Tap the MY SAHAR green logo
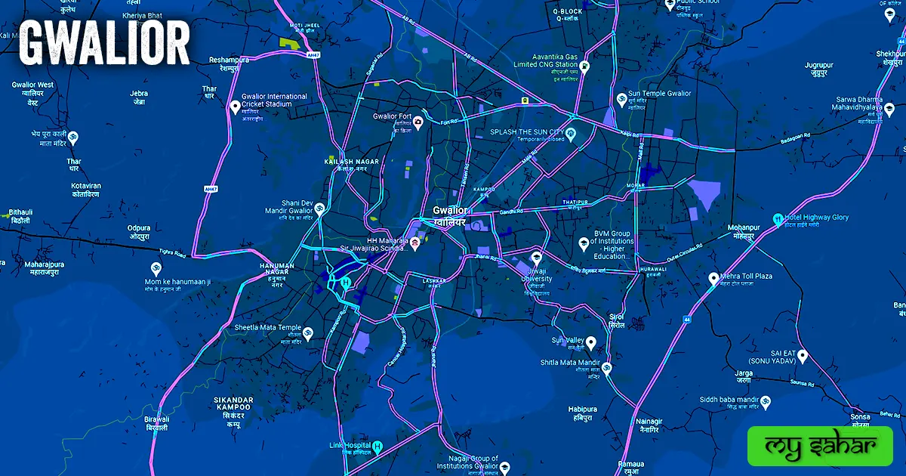(x=819, y=446)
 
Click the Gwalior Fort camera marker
(x=418, y=121)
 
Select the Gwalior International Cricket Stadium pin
(x=235, y=107)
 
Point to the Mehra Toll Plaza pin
(x=713, y=279)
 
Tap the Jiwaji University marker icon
(x=536, y=256)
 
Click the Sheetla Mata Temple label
(x=267, y=328)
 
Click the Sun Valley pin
(x=591, y=342)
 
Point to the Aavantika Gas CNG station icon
(x=585, y=65)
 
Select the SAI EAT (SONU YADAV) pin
(x=803, y=355)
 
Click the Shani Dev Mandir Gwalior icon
(x=319, y=208)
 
